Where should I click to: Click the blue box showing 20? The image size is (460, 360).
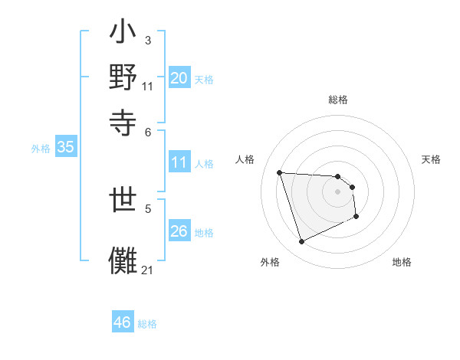[x=179, y=78]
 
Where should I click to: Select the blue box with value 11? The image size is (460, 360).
[x=179, y=162]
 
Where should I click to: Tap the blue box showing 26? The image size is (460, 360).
[x=179, y=231]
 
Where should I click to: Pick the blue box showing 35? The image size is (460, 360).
[x=65, y=148]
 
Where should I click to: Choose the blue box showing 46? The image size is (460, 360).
[x=122, y=322]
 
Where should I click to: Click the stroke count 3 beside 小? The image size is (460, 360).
[x=147, y=40]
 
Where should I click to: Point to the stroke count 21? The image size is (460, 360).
[x=147, y=270]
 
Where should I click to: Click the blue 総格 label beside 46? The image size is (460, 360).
[x=147, y=324]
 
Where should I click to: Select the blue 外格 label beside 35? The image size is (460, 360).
[x=40, y=149]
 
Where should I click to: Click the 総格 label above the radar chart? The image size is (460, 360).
[x=338, y=100]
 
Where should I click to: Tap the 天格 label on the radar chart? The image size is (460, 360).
[x=432, y=159]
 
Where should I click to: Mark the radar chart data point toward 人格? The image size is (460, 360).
[x=280, y=172]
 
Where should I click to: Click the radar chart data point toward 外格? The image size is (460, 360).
[x=302, y=242]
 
